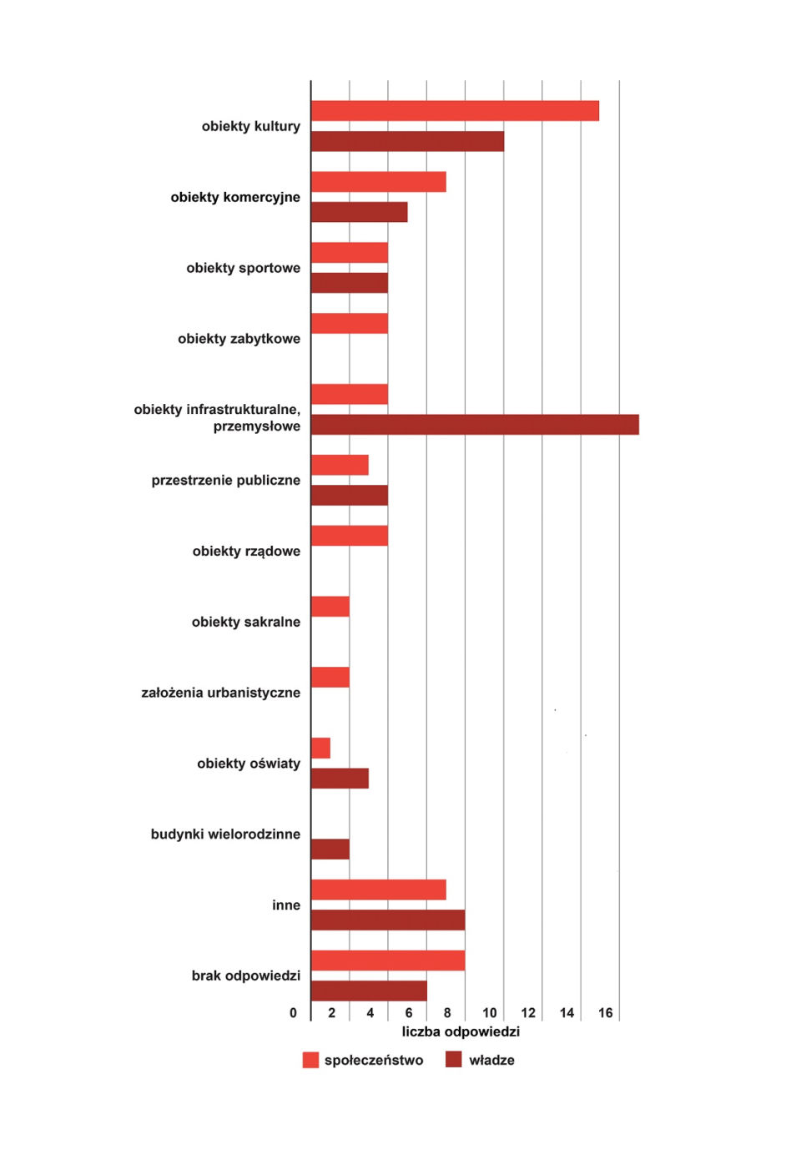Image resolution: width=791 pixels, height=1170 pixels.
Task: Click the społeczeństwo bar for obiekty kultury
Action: click(455, 111)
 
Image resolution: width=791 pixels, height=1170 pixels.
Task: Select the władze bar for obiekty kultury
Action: click(407, 141)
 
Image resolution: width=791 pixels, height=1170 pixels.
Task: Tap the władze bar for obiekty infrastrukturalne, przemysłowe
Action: click(475, 425)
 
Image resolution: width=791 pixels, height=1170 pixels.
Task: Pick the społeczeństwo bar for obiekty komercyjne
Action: click(379, 182)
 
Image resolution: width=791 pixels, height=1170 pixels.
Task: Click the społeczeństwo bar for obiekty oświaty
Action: click(320, 748)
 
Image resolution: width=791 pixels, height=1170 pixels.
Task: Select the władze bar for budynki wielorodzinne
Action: click(330, 850)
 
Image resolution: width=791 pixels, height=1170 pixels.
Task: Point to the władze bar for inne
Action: click(388, 920)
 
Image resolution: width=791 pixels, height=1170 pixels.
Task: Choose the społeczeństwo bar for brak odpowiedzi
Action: click(388, 961)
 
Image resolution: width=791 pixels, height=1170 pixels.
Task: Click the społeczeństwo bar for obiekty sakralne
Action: click(330, 607)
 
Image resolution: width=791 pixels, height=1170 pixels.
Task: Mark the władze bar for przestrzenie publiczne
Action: click(350, 495)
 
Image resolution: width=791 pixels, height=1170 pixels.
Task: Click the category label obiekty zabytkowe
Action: click(239, 339)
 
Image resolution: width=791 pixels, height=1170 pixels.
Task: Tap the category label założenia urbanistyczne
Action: click(221, 693)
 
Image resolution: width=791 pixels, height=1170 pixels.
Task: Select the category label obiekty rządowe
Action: click(246, 552)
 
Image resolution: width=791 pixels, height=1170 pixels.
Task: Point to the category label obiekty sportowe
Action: click(244, 269)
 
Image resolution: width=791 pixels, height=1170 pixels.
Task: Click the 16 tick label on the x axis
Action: click(605, 1013)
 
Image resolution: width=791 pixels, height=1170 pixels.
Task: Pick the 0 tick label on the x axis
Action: click(294, 1013)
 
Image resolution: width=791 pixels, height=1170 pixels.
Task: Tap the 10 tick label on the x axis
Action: click(490, 1013)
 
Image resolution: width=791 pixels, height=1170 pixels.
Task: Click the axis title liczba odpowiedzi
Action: click(461, 1032)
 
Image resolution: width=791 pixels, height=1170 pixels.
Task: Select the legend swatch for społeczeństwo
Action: click(310, 1061)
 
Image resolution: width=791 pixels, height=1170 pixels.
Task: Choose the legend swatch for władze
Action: click(454, 1061)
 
